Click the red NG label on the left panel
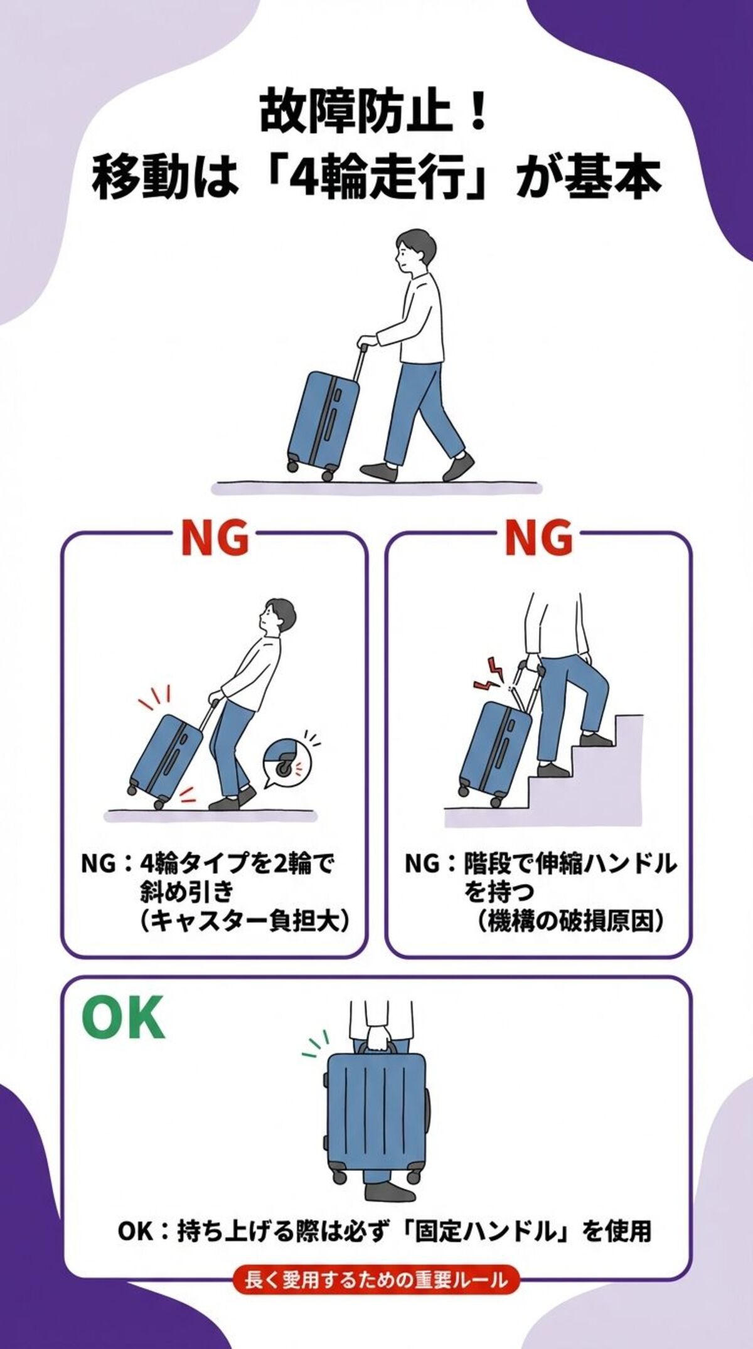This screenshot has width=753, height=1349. click(215, 538)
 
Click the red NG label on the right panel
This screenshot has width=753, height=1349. click(538, 538)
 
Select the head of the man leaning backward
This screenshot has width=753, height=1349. click(277, 618)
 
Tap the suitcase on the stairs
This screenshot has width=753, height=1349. click(495, 750)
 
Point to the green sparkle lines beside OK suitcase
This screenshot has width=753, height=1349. click(314, 1045)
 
